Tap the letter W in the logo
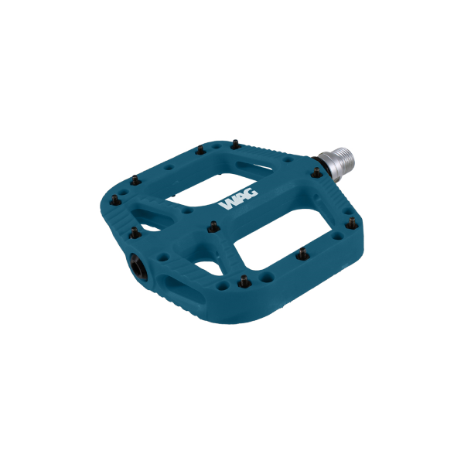pos(227,206)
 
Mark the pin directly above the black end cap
pos(136,230)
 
